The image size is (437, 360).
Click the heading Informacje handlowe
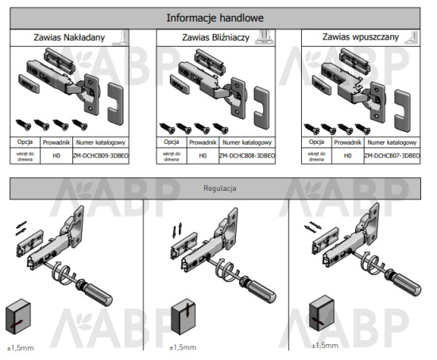pos(215,17)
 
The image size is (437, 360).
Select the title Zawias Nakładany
pos(68,37)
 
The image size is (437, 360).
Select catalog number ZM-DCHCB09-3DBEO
pos(100,156)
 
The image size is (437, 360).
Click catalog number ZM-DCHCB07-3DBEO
pos(392,156)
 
